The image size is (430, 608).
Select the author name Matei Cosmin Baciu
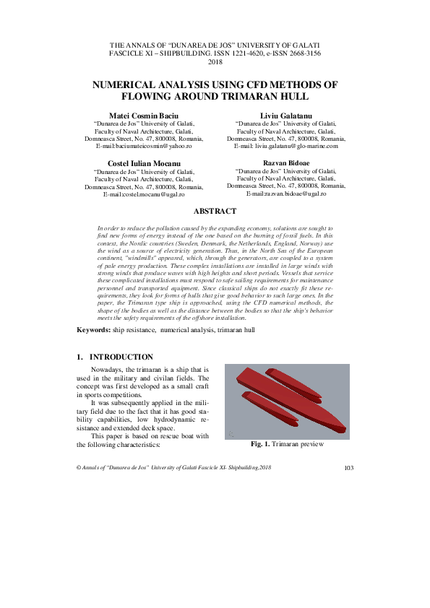point(143,116)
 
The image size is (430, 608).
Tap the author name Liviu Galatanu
point(286,116)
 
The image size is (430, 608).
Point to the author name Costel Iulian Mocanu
point(143,163)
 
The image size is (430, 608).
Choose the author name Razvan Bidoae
point(286,163)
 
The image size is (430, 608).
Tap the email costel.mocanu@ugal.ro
point(150,194)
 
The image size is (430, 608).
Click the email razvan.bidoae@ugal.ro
point(293,194)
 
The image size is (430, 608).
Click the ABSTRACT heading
point(215,211)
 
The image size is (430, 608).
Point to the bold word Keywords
point(94,329)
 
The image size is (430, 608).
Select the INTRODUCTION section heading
point(121,357)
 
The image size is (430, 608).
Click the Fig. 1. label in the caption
point(259,444)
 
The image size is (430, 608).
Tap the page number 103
point(348,469)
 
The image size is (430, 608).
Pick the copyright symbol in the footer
point(79,469)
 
